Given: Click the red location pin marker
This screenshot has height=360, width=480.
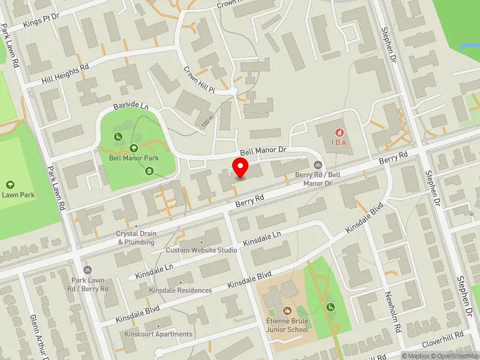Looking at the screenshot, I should [241, 168].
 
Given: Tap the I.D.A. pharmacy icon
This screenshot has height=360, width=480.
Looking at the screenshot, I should [340, 131].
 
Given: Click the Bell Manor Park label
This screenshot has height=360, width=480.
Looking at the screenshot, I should [133, 159].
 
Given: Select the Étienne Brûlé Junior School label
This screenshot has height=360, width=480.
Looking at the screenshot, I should [288, 325].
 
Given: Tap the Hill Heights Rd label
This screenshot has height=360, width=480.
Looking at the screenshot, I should [65, 73].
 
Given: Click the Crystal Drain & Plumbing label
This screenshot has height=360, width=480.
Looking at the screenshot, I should [136, 238].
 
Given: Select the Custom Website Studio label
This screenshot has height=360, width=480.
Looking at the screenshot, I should [202, 250].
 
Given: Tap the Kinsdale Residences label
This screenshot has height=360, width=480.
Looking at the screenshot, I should [181, 290].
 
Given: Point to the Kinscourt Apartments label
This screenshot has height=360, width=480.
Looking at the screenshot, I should [158, 334].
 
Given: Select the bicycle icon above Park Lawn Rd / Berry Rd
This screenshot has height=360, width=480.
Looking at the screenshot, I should [88, 271].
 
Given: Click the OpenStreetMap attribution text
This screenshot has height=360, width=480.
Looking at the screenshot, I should [455, 356].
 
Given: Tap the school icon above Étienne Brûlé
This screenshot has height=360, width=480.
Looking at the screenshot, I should [287, 311].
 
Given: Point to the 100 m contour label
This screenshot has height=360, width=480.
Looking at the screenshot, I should [208, 122].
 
